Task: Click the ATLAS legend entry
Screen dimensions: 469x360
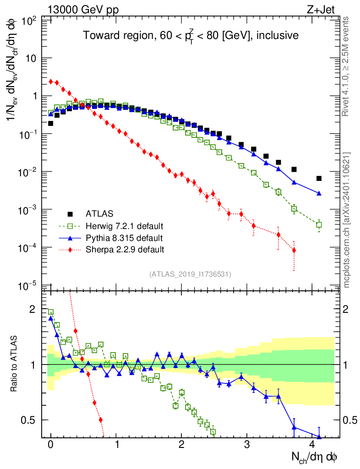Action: tap(99, 213)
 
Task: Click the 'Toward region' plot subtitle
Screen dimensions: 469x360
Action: tap(191, 36)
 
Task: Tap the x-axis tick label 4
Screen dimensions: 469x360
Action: tap(312, 445)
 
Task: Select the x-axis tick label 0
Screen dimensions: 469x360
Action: tap(50, 445)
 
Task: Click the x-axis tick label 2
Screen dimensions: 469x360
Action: tap(181, 445)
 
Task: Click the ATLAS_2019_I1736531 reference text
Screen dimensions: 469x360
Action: tap(190, 274)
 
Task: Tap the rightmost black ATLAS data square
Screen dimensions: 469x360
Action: tap(319, 178)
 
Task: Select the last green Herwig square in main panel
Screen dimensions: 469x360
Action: tap(319, 225)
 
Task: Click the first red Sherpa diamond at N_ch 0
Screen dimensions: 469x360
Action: tap(51, 82)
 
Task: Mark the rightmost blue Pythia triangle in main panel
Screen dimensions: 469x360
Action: tap(319, 193)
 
